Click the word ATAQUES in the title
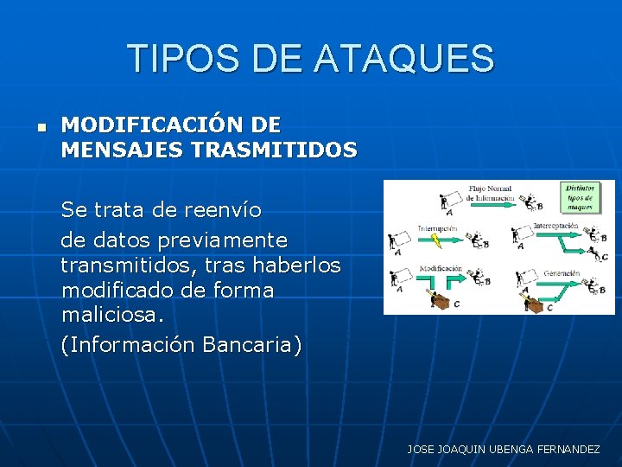click(x=404, y=59)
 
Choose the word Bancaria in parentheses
click(x=251, y=345)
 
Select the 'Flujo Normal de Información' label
click(x=489, y=193)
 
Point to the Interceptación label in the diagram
click(x=555, y=226)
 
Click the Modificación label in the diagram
click(x=441, y=269)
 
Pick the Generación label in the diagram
click(x=562, y=272)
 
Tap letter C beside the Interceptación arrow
click(x=604, y=257)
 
